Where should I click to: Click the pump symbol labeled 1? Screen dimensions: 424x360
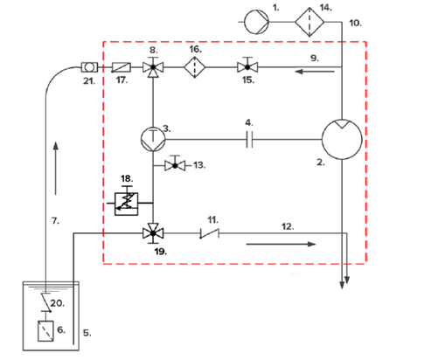click(256, 22)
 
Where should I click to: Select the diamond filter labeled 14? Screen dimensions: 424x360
click(309, 22)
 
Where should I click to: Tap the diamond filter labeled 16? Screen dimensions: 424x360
click(195, 67)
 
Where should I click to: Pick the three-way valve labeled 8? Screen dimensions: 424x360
click(153, 68)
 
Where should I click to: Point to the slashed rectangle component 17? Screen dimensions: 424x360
click(122, 67)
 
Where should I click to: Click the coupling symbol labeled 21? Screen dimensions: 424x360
click(89, 67)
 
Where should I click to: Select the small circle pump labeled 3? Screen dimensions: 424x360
click(153, 139)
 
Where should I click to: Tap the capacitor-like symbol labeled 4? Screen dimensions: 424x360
click(249, 139)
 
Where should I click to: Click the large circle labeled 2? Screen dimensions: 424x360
click(342, 139)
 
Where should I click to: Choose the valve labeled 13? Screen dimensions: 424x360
click(175, 164)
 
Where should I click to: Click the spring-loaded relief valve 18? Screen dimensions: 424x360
click(126, 202)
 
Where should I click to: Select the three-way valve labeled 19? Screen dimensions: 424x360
click(153, 233)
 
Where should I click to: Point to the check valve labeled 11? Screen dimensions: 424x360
click(210, 233)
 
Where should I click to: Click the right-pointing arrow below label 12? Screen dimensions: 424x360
click(281, 244)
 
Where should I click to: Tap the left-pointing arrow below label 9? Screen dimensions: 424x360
click(315, 72)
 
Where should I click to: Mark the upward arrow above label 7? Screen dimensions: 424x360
click(56, 168)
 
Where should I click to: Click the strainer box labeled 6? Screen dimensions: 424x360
click(45, 331)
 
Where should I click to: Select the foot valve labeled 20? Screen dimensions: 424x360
click(46, 303)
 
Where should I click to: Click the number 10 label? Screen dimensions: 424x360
click(356, 23)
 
